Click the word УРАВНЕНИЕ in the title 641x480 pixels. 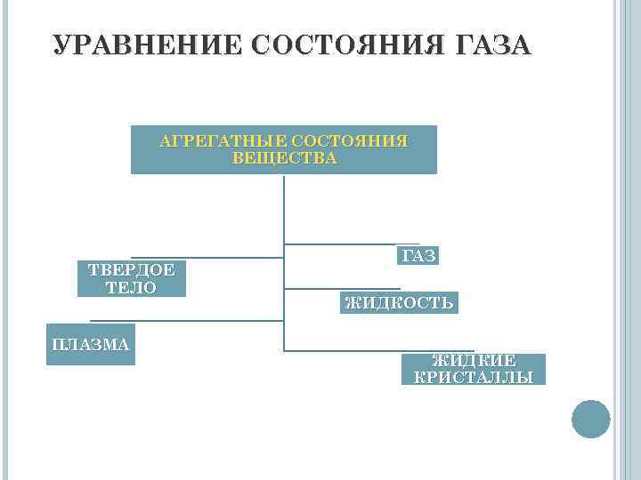point(146,45)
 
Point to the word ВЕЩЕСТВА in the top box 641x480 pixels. point(284,158)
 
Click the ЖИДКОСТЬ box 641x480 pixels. point(400,302)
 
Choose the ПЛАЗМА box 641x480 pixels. point(90,344)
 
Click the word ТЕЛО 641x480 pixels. point(131,287)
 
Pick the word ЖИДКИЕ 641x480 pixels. point(474,360)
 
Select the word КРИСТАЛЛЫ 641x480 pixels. point(474,377)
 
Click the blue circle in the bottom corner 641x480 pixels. point(590,419)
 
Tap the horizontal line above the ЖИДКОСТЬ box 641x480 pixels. point(342,288)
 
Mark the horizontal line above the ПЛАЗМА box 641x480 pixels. point(187,320)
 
